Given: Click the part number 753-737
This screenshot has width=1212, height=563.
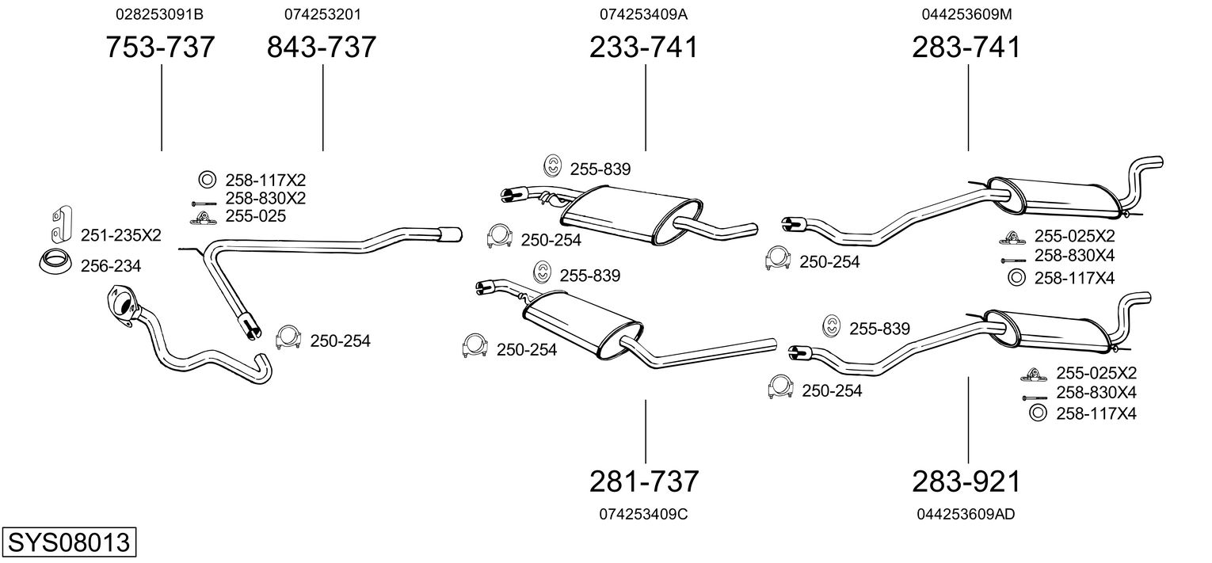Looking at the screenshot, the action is (x=161, y=48).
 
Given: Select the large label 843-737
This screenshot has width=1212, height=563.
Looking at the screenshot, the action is (x=322, y=48).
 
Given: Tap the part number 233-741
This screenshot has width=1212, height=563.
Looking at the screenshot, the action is (x=644, y=48).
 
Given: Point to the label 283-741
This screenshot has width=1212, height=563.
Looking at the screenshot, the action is (x=966, y=48).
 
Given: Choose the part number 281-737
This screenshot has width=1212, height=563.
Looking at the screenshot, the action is (x=644, y=481).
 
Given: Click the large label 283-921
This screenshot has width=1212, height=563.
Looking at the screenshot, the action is (x=966, y=481).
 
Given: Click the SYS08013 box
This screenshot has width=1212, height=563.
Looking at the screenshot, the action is (x=68, y=543).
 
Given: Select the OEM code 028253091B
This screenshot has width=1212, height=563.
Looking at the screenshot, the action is (x=159, y=14).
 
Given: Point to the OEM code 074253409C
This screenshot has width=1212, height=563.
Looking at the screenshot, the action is (x=643, y=514).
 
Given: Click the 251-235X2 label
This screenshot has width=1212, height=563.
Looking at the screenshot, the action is (x=120, y=235).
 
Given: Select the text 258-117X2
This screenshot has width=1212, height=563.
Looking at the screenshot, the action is (x=265, y=179).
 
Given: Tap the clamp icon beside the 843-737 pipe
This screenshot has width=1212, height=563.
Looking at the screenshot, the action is (x=288, y=338).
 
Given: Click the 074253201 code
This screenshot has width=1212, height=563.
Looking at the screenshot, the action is (x=322, y=14).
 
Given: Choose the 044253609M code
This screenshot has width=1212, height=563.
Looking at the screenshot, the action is (x=966, y=14).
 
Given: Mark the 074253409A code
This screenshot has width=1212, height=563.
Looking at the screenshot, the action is (x=644, y=14).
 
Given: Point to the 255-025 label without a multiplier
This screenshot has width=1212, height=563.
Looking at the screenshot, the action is (x=255, y=216).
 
